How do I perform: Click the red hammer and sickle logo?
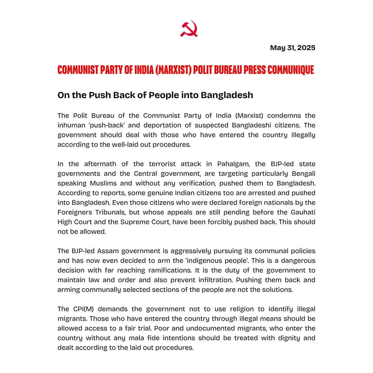[x=189, y=28]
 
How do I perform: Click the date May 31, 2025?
[x=293, y=48]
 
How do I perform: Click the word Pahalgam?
[x=231, y=164]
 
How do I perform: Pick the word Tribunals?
[x=106, y=212]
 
